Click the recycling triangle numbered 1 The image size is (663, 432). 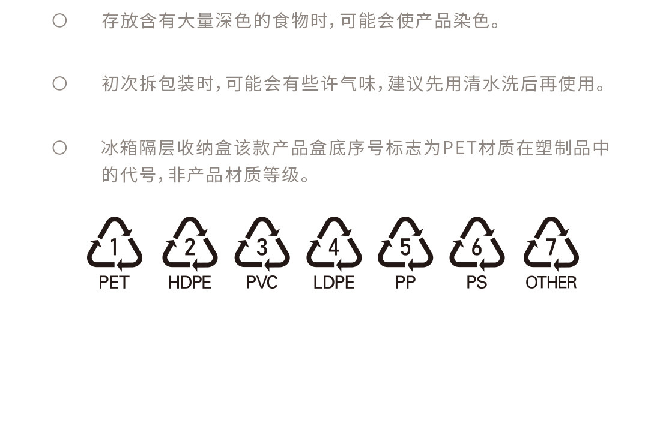[114, 245]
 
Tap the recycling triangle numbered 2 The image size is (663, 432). [190, 245]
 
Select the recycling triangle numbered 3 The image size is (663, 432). [262, 245]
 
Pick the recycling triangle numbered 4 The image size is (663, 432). [334, 245]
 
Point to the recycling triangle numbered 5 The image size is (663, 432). [405, 245]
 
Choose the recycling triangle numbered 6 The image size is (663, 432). [477, 245]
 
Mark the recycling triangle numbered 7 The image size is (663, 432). [551, 245]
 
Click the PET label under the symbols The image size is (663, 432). [114, 283]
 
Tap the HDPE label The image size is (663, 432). [190, 283]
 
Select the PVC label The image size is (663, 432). [262, 283]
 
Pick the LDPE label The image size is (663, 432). [334, 283]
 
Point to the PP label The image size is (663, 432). [405, 283]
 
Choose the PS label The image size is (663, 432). [477, 283]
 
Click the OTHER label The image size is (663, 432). [551, 283]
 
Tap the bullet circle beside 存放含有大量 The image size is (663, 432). [59, 21]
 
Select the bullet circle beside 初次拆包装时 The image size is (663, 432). [59, 83]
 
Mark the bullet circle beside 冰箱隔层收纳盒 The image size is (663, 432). [59, 148]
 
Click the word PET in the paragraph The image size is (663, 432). [460, 148]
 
